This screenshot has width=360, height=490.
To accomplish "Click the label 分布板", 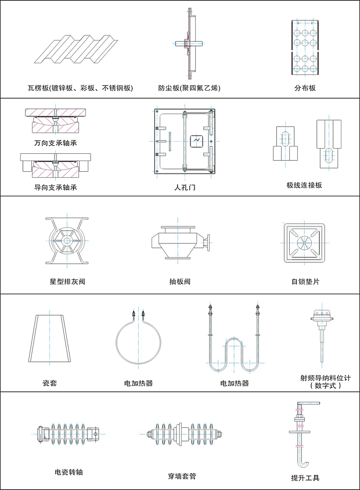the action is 305,88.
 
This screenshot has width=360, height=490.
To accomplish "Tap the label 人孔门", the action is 185,187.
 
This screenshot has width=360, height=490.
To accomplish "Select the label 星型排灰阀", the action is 67,281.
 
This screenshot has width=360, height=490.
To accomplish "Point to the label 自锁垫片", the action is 305,281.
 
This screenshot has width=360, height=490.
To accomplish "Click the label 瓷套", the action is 50,383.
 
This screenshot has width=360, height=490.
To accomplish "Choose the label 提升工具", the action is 305,477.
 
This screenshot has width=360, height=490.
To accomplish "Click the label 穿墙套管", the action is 182,476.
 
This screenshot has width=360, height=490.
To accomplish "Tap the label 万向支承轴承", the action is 55,143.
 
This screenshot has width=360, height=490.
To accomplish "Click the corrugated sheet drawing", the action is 76,49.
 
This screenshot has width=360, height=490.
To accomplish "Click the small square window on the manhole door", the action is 197,141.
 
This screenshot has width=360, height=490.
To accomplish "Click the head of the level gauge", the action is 322,316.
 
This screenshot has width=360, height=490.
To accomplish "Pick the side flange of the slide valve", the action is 208,242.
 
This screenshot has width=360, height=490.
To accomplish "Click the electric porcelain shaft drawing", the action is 69,434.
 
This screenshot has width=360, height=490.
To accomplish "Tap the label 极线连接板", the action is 304,185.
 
